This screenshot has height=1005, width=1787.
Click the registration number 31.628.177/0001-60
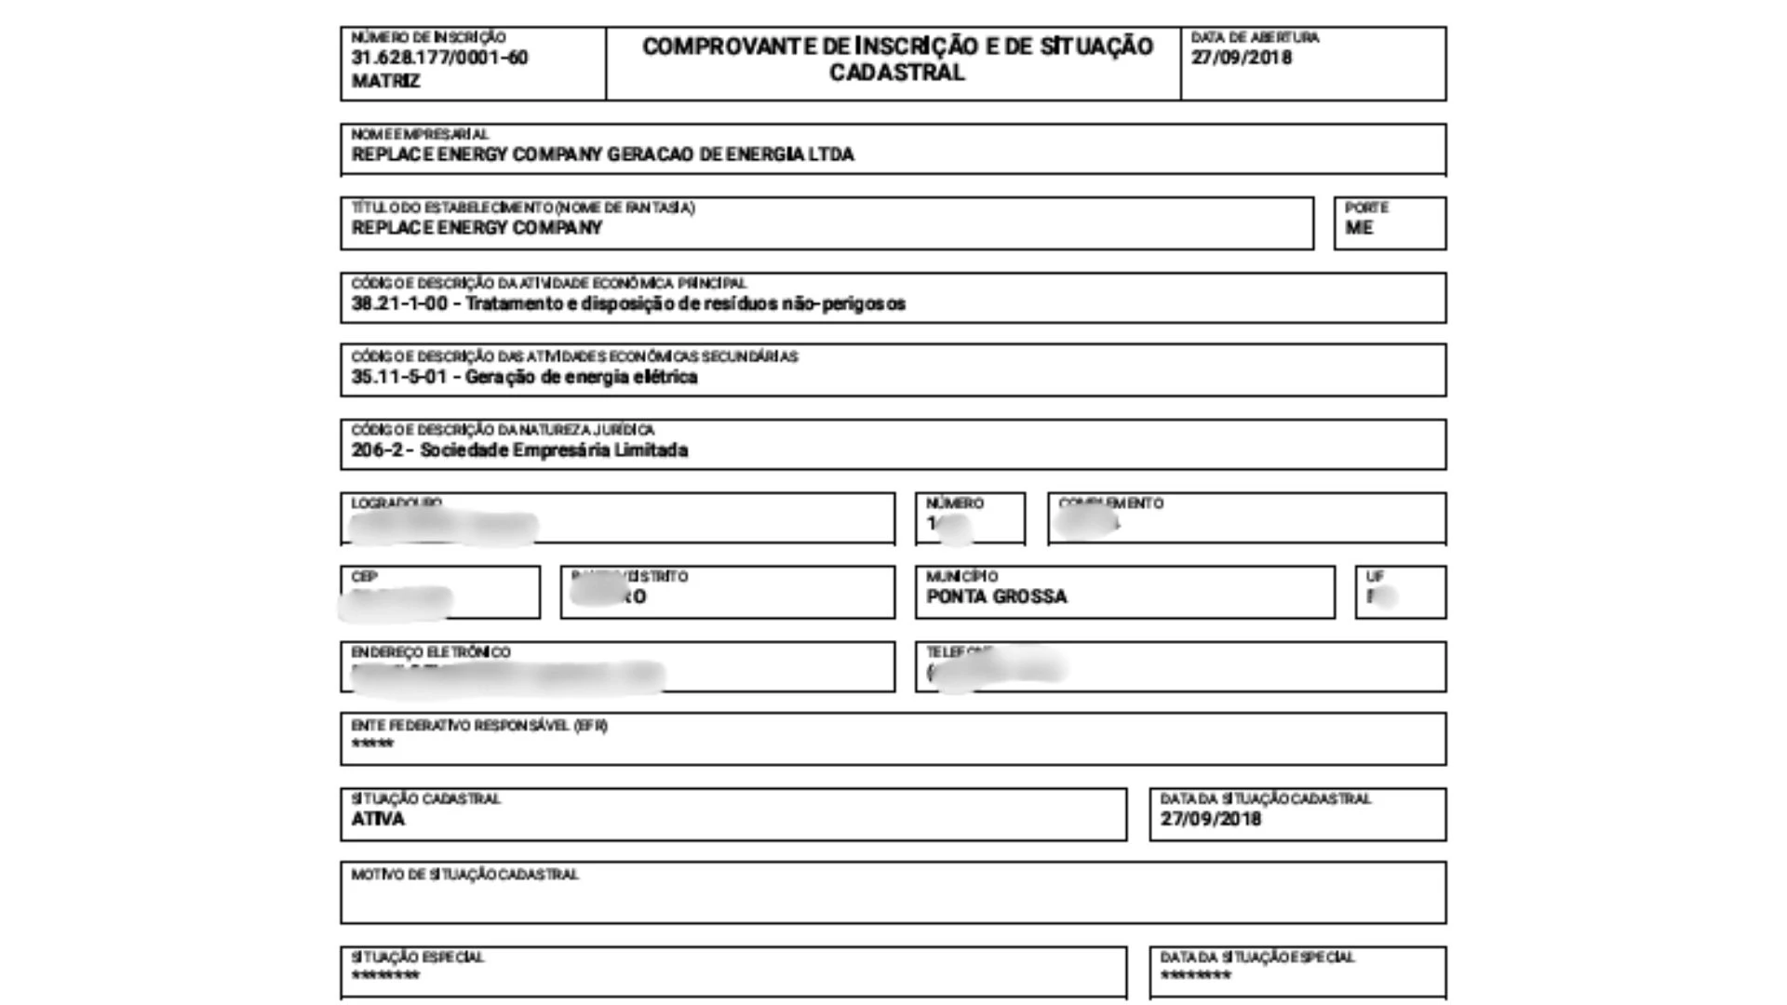pyautogui.click(x=439, y=58)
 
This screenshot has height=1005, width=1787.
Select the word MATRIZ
pyautogui.click(x=385, y=82)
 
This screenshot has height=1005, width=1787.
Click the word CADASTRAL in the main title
pyautogui.click(x=896, y=73)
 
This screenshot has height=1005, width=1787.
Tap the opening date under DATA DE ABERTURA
pyautogui.click(x=1241, y=58)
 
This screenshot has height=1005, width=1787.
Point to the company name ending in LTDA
pyautogui.click(x=602, y=154)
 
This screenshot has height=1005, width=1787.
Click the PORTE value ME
pyautogui.click(x=1358, y=228)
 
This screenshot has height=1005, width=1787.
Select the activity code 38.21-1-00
pyautogui.click(x=399, y=303)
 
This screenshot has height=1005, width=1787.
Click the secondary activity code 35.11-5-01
pyautogui.click(x=399, y=377)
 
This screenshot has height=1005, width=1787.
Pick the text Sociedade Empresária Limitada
pyautogui.click(x=554, y=450)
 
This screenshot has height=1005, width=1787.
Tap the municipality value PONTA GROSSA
pyautogui.click(x=996, y=596)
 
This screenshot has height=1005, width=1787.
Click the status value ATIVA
pyautogui.click(x=378, y=819)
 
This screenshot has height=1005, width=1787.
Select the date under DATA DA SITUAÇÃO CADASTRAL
pyautogui.click(x=1210, y=819)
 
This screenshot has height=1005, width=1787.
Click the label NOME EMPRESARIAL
pyautogui.click(x=420, y=134)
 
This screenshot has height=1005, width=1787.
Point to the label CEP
pyautogui.click(x=364, y=577)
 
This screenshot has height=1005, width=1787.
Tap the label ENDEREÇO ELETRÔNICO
pyautogui.click(x=430, y=652)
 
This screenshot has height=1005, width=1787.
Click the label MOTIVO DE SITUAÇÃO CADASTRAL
pyautogui.click(x=464, y=875)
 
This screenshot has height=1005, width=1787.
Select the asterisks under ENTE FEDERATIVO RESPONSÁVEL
pyautogui.click(x=372, y=744)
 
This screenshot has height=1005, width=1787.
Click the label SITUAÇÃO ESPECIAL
pyautogui.click(x=417, y=958)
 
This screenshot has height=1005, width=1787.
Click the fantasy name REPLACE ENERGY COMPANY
pyautogui.click(x=477, y=228)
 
